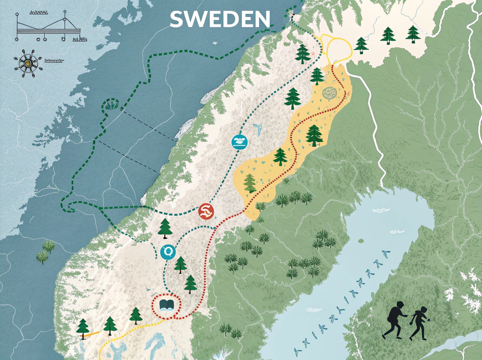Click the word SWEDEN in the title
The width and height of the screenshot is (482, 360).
tap(220, 19)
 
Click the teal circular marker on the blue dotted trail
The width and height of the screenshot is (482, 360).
tap(240, 142)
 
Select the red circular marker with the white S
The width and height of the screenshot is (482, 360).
tap(206, 212)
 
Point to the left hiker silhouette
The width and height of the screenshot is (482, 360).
tap(396, 319)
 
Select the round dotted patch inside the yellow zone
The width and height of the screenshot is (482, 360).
tap(330, 93)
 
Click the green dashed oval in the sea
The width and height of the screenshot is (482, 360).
tap(111, 105)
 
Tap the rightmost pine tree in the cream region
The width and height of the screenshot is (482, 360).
tap(413, 34)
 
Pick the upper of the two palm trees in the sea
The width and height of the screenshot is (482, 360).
tap(49, 246)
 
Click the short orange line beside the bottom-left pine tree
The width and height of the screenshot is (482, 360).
tap(93, 333)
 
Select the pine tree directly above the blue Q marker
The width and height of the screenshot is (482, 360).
tap(165, 227)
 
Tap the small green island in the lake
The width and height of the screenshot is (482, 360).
tap(361, 241)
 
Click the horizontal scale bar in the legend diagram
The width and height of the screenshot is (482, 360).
tap(48, 31)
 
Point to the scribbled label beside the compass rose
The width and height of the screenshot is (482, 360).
tap(54, 61)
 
